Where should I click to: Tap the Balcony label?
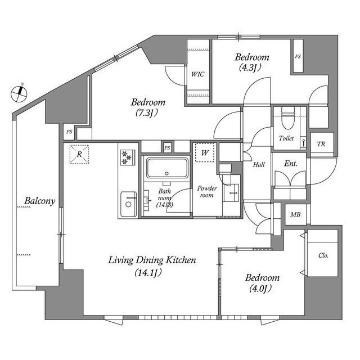(x=38, y=201)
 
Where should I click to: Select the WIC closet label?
(x=197, y=74)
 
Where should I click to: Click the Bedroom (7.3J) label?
(x=147, y=107)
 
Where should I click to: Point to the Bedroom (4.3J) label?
(x=251, y=62)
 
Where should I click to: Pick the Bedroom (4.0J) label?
(x=262, y=283)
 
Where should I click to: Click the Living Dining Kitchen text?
(x=151, y=266)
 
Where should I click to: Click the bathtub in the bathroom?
(x=166, y=168)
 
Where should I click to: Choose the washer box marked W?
(x=204, y=152)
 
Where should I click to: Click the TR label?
(x=321, y=144)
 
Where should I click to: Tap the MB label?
(x=295, y=215)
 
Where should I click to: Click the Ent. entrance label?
(x=291, y=164)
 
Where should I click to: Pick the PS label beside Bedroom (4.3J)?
(x=298, y=57)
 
